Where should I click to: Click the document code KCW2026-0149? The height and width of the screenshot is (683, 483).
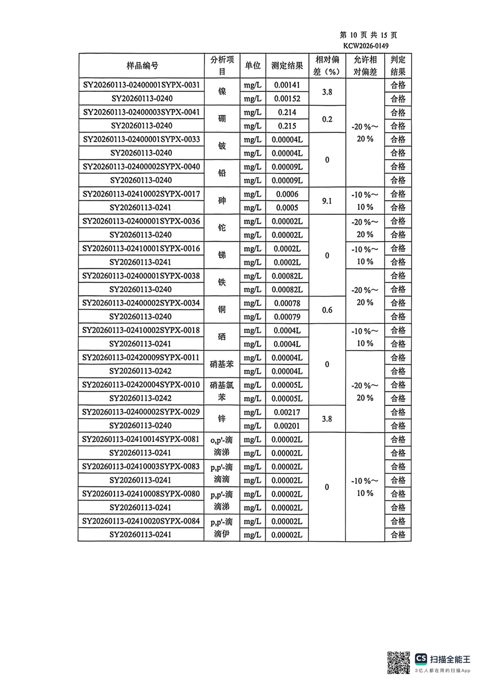[365, 46]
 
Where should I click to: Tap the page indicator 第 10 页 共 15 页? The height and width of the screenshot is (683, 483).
[368, 35]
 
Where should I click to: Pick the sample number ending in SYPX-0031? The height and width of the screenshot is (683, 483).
[142, 85]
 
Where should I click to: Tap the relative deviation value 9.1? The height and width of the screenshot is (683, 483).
[326, 201]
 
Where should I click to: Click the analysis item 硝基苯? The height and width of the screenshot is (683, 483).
[222, 365]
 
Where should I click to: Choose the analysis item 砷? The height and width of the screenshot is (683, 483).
[222, 201]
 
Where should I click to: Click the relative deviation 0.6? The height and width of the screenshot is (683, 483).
[326, 310]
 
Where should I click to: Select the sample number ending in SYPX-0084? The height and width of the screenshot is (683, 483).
[142, 521]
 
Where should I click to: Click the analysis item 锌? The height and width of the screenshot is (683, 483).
[222, 419]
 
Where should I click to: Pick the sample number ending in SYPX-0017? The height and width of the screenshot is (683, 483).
[142, 194]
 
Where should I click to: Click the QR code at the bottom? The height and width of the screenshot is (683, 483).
[400, 662]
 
